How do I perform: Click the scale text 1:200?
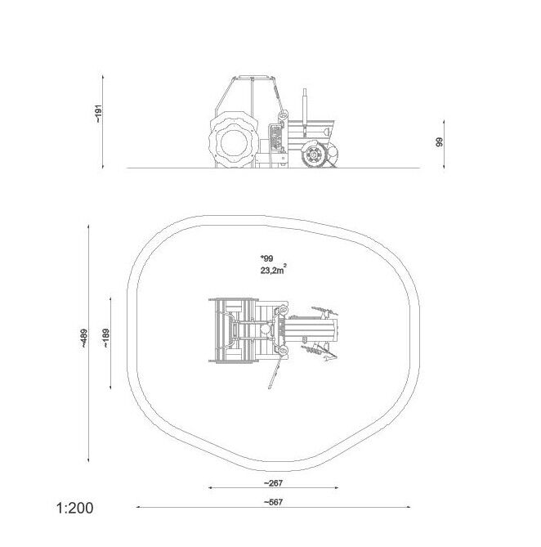[75, 508]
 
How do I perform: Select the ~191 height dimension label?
[99, 114]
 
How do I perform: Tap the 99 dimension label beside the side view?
[439, 142]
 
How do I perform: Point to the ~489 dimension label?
[84, 339]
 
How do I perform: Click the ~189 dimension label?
[106, 338]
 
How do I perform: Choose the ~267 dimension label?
[273, 483]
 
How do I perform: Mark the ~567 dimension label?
[273, 502]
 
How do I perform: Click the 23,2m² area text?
[274, 269]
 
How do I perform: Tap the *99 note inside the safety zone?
[267, 258]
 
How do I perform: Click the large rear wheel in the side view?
[234, 141]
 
